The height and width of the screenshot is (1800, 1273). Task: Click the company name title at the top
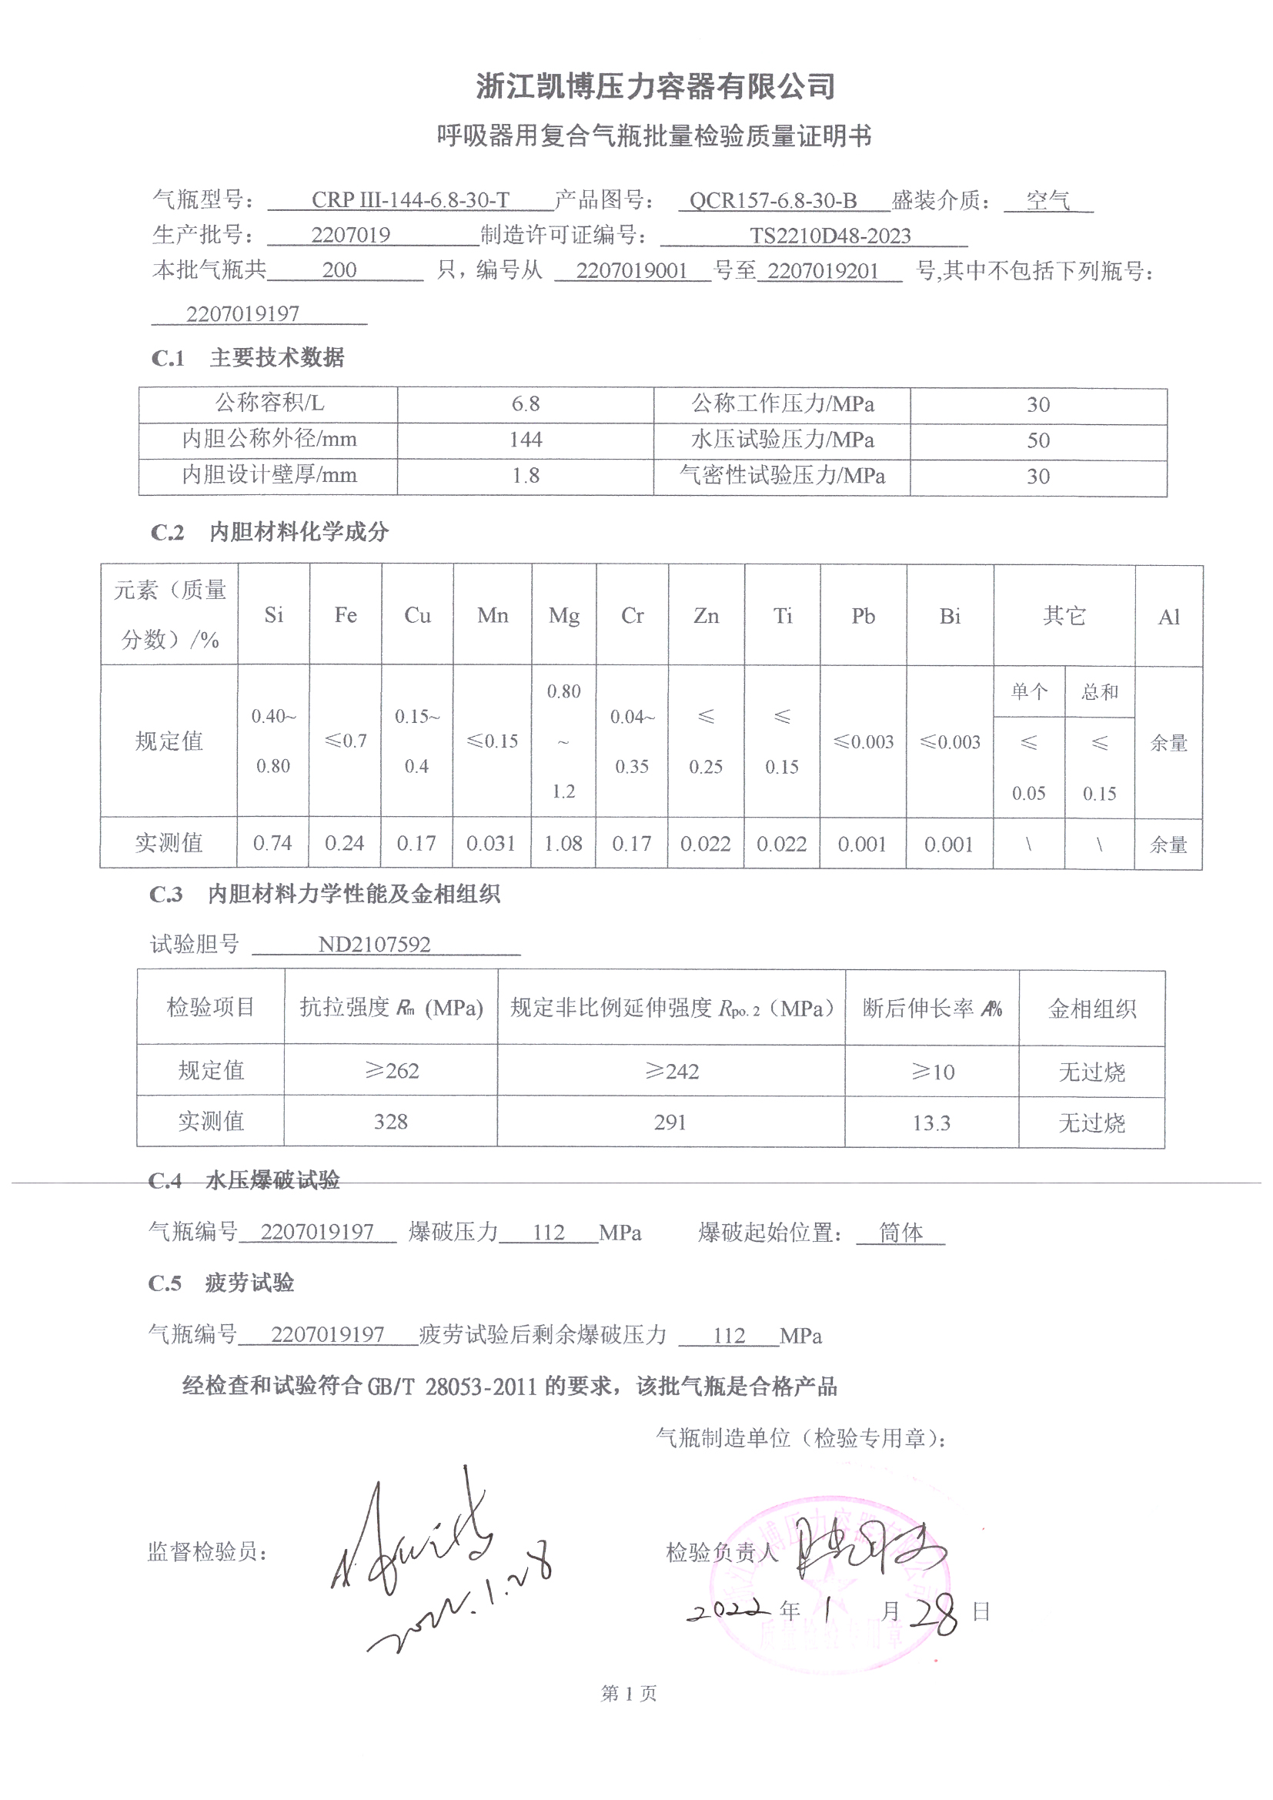pos(655,86)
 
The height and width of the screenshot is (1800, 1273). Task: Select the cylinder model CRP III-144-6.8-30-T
pos(410,201)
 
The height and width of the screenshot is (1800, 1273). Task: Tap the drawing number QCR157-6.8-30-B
pos(773,202)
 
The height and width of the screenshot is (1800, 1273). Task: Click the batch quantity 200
pos(339,270)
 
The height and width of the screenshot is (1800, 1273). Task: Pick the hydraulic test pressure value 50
pos(1037,440)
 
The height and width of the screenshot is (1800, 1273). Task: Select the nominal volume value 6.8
pos(525,404)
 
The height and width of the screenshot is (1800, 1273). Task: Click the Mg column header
pos(563,616)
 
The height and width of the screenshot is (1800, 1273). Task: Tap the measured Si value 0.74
pos(272,844)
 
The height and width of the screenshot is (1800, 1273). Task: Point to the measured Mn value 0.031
pos(491,845)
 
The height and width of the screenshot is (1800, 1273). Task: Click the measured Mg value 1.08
pos(563,845)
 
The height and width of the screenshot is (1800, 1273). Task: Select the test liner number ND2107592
pos(374,944)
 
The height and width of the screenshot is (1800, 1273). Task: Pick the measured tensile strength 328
pos(390,1122)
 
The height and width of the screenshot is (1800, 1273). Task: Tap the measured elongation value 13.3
pos(931,1123)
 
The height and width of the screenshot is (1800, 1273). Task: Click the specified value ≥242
pos(671,1072)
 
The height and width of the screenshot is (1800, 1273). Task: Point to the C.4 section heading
pos(244,1181)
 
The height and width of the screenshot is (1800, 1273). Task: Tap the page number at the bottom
pos(629,1695)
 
